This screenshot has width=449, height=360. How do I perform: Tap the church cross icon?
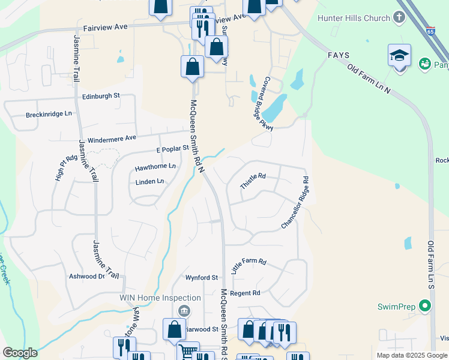click(x=400, y=17)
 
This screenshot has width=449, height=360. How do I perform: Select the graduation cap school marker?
click(x=399, y=56)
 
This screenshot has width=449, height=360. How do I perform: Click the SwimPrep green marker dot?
click(x=426, y=307)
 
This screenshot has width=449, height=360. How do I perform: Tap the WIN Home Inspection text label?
click(x=160, y=298)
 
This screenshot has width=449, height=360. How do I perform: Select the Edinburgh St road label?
click(x=101, y=95)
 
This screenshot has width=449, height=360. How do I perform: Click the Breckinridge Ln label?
click(x=49, y=114)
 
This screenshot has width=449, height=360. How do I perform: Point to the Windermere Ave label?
click(x=112, y=139)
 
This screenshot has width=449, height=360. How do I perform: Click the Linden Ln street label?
click(x=149, y=181)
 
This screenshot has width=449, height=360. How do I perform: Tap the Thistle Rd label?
click(x=253, y=181)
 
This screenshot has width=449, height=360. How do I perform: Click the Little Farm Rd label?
click(x=249, y=266)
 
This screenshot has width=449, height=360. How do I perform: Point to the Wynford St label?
click(x=201, y=278)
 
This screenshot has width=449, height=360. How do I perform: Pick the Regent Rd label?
click(x=245, y=293)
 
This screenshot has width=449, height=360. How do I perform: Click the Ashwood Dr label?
click(x=86, y=277)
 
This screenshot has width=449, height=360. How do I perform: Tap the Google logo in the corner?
click(x=20, y=353)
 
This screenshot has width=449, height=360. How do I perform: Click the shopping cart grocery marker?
click(x=188, y=350)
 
